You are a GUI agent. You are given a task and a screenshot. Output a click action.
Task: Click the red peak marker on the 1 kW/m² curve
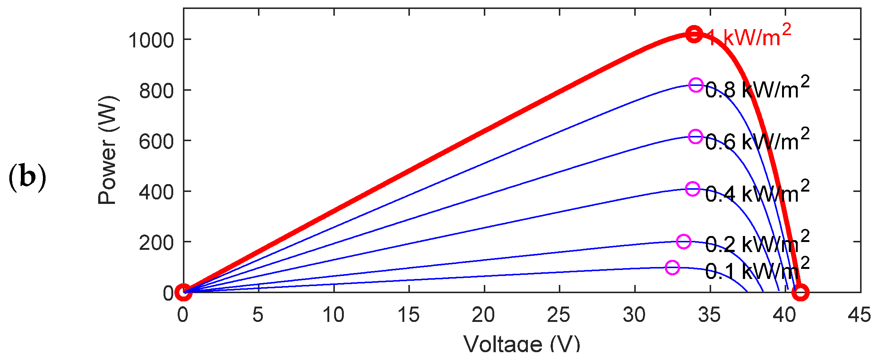pyautogui.click(x=694, y=34)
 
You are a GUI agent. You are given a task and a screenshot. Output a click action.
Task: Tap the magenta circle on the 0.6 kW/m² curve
pyautogui.click(x=695, y=137)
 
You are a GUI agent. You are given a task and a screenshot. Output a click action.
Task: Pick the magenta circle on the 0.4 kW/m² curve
pyautogui.click(x=692, y=189)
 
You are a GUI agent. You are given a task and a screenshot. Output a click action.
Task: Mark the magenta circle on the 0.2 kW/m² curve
pyautogui.click(x=684, y=242)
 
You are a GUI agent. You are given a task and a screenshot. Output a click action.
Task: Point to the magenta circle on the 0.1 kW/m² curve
pyautogui.click(x=672, y=267)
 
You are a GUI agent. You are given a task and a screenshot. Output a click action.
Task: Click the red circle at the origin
pyautogui.click(x=183, y=292)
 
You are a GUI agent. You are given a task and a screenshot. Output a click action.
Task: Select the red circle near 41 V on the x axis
pyautogui.click(x=800, y=292)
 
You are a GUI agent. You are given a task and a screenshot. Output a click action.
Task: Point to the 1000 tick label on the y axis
pyautogui.click(x=151, y=40)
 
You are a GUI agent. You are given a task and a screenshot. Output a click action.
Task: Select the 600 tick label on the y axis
pyautogui.click(x=156, y=142)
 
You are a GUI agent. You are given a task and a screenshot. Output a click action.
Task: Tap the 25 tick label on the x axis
pyautogui.click(x=558, y=315)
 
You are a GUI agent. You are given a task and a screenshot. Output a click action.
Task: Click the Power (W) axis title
pyautogui.click(x=108, y=150)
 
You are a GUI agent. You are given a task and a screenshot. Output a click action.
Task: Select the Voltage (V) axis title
pyautogui.click(x=522, y=344)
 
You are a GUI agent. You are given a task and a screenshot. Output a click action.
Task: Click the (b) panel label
pyautogui.click(x=27, y=177)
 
